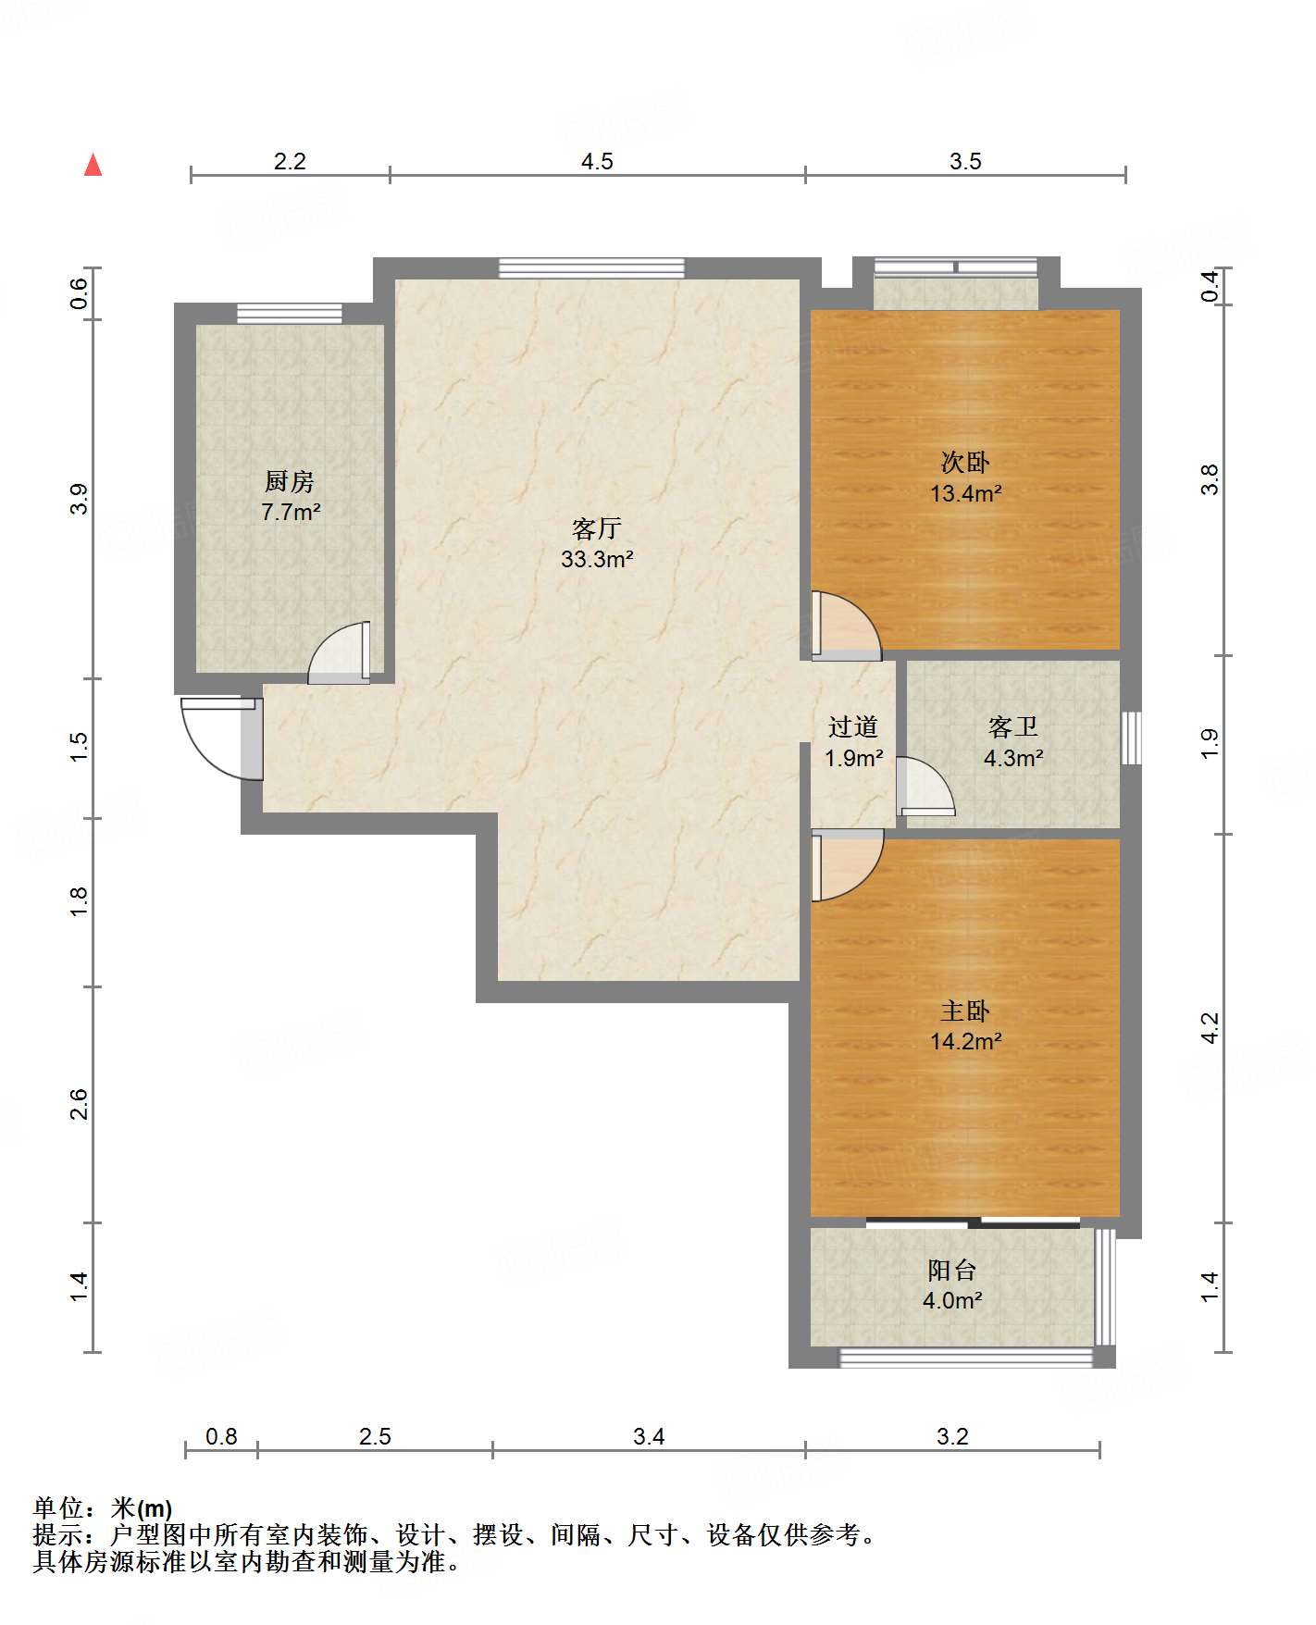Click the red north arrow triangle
pyautogui.click(x=93, y=165)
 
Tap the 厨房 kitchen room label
pyautogui.click(x=290, y=481)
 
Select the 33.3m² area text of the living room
pyautogui.click(x=597, y=559)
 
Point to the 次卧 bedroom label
pyautogui.click(x=965, y=462)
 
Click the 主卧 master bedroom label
pyautogui.click(x=965, y=1011)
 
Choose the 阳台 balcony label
pyautogui.click(x=952, y=1270)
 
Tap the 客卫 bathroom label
pyautogui.click(x=1013, y=726)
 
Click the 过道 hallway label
pyautogui.click(x=853, y=726)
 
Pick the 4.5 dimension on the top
pyautogui.click(x=597, y=161)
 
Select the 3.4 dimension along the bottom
pyautogui.click(x=649, y=1436)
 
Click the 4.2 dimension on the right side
pyautogui.click(x=1210, y=1028)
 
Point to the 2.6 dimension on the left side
pyautogui.click(x=79, y=1104)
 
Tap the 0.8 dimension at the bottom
pyautogui.click(x=221, y=1436)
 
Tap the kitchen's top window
pyautogui.click(x=290, y=314)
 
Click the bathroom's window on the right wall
pyautogui.click(x=1131, y=738)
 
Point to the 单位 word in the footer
pyautogui.click(x=57, y=1509)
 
